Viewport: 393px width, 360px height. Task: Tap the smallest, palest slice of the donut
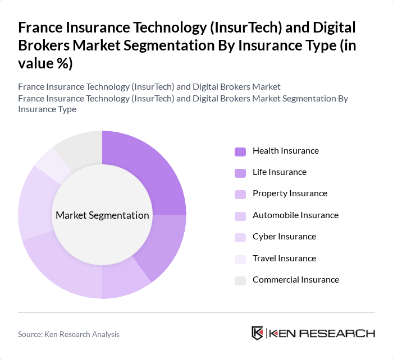point(49,163)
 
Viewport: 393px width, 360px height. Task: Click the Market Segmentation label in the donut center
point(102,215)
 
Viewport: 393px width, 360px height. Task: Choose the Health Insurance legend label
point(285,151)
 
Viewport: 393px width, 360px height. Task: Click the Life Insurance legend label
point(279,172)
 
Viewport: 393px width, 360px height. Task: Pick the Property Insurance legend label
point(290,193)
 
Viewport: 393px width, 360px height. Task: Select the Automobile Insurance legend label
point(295,215)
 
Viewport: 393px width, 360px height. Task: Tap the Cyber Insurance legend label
point(284,237)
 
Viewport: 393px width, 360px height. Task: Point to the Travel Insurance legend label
point(284,259)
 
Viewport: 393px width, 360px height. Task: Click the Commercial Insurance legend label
point(295,280)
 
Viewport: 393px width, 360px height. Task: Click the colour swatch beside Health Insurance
point(240,151)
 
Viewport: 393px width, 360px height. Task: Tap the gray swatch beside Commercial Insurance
point(240,280)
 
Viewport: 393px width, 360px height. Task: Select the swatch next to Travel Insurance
point(240,259)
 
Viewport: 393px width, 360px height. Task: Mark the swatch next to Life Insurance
point(240,173)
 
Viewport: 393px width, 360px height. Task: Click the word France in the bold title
point(40,27)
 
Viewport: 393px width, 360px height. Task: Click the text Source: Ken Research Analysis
point(68,334)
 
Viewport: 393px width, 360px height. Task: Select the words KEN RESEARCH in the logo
point(322,334)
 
